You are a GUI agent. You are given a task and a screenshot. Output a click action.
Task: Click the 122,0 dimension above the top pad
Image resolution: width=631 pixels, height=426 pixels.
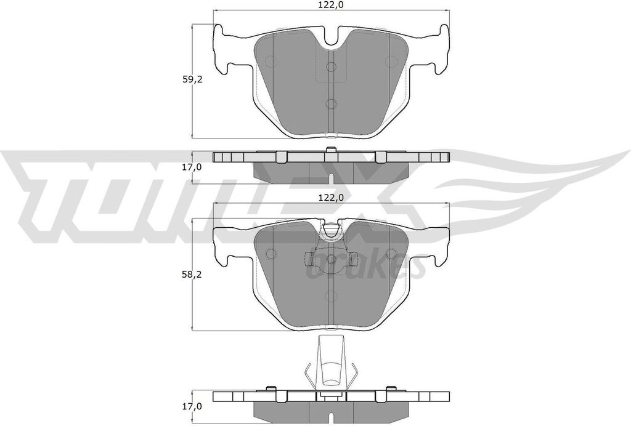point(331,5)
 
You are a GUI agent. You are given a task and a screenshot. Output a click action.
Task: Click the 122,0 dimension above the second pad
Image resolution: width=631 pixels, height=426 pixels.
point(331,198)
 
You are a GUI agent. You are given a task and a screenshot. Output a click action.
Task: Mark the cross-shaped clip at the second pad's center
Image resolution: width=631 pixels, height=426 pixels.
point(331,260)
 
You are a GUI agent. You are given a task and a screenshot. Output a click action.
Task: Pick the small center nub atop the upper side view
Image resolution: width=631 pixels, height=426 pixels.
point(331,150)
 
